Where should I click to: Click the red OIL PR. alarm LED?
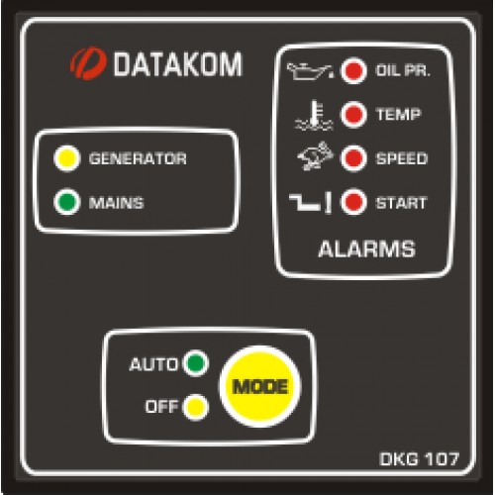353,70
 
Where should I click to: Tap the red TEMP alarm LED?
353,115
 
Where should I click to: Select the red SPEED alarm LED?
353,158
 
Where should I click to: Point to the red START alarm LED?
353,202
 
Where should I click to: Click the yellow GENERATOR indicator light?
67,158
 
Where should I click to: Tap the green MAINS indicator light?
67,202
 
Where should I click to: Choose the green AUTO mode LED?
195,363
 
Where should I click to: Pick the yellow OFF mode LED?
195,407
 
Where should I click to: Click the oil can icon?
310,71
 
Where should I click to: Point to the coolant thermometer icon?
314,115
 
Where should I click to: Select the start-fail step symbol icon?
310,203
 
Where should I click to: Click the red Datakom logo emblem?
88,63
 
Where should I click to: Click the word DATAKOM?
177,64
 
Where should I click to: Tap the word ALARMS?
366,248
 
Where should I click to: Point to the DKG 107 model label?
420,459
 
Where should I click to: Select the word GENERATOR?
138,158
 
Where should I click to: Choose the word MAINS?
116,203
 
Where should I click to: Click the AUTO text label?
153,364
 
